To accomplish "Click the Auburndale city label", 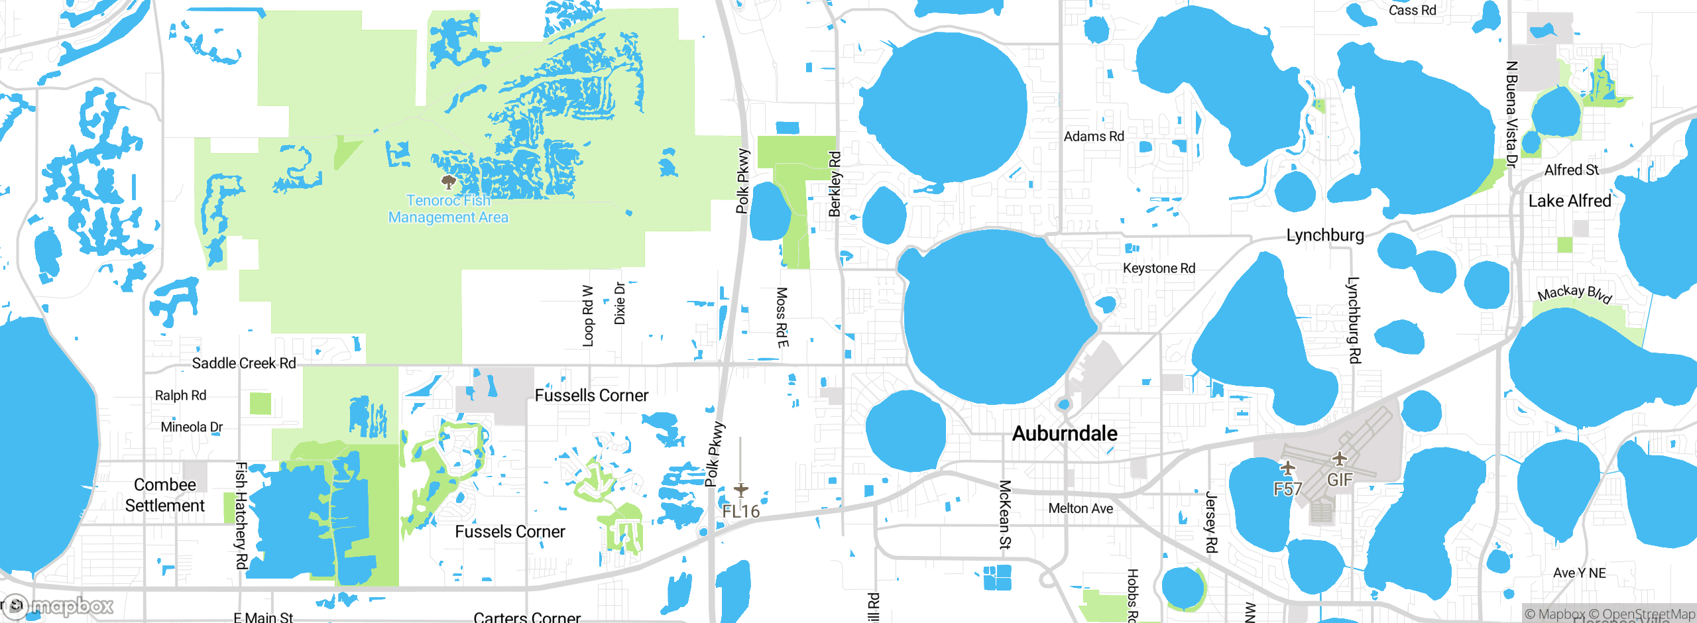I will pos(1065,433).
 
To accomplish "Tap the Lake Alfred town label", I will pos(1569,201).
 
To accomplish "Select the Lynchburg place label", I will pos(1324,235).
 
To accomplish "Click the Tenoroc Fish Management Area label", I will pos(448,209).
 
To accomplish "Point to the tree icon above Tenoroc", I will pos(449,182).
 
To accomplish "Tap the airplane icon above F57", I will pos(1287,469).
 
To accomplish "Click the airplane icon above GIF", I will pos(1340,459).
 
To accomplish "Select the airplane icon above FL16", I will pos(741,490).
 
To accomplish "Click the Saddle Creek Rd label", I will pos(244,363).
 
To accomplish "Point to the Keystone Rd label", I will pos(1159,268).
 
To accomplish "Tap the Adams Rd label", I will pos(1094,137).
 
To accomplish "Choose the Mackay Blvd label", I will pos(1574,293).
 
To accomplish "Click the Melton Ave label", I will pos(1081,508).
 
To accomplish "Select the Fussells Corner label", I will pos(591,396).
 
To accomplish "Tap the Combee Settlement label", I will pos(165,495).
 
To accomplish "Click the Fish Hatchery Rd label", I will pos(242,516).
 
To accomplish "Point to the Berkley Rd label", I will pos(835,184).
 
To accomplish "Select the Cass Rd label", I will pos(1412,11).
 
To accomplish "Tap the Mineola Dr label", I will pos(192,427).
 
